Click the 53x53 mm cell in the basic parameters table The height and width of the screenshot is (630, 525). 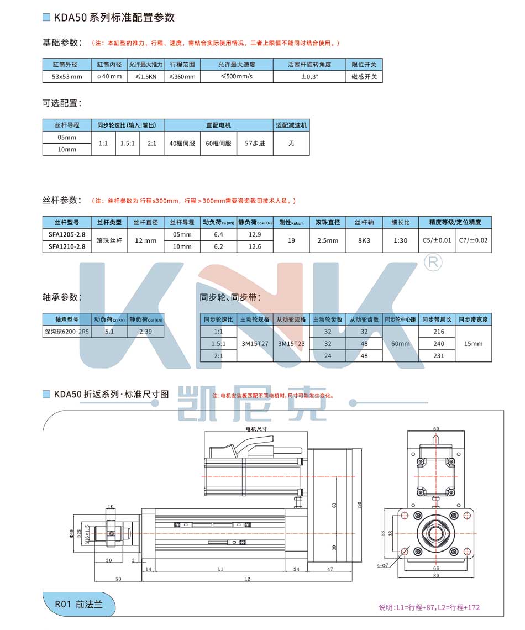pyautogui.click(x=67, y=77)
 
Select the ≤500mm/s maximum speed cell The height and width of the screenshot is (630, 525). pyautogui.click(x=237, y=77)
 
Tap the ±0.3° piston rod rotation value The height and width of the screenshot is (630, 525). pyautogui.click(x=309, y=77)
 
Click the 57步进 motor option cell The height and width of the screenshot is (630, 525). pyautogui.click(x=255, y=143)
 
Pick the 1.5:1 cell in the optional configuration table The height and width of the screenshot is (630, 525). pyautogui.click(x=127, y=143)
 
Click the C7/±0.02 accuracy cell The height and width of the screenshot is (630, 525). pyautogui.click(x=474, y=240)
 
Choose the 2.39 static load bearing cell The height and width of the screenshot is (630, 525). pyautogui.click(x=145, y=331)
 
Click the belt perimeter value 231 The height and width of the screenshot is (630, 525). pyautogui.click(x=439, y=356)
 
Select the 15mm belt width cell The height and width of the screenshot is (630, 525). pyautogui.click(x=473, y=343)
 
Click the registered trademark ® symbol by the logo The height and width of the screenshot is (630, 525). pyautogui.click(x=433, y=262)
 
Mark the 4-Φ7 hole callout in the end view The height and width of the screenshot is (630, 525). pyautogui.click(x=396, y=565)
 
